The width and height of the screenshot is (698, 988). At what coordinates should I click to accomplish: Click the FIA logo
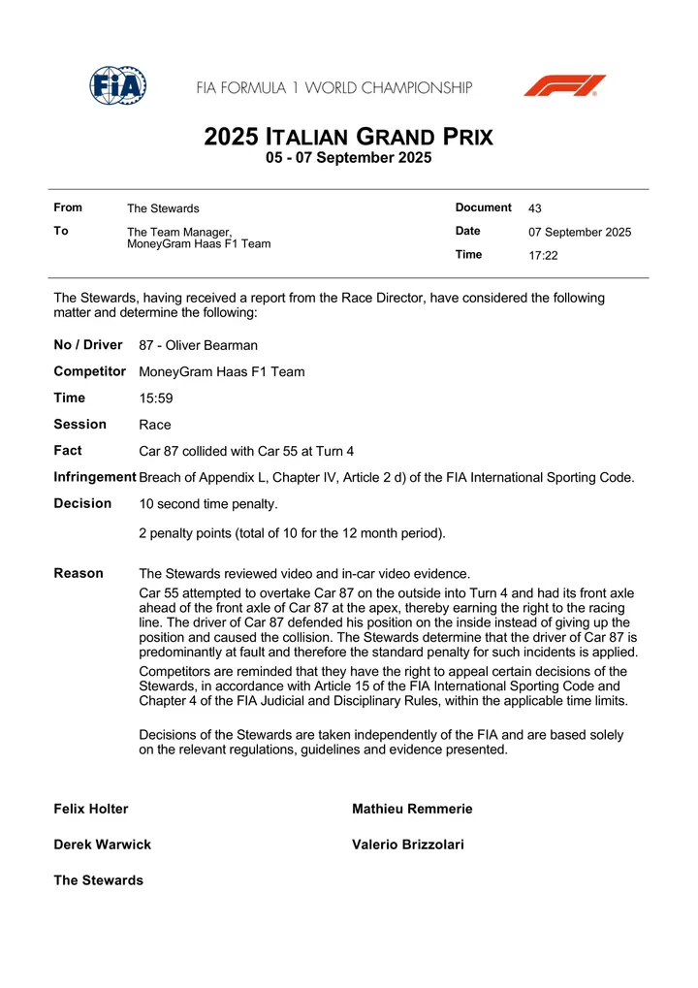117,86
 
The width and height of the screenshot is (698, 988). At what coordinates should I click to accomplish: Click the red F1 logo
564,85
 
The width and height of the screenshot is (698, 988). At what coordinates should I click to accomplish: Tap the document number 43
535,208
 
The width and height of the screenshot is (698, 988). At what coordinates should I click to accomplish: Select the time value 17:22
543,256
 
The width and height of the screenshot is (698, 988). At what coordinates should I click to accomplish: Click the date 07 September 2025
580,233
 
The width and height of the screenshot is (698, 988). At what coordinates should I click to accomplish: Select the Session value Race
155,425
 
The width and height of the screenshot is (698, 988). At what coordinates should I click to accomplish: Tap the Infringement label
95,477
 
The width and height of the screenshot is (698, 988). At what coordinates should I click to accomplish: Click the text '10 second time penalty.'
208,504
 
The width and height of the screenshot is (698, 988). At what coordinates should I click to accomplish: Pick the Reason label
79,573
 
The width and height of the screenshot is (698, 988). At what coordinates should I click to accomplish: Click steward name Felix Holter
91,809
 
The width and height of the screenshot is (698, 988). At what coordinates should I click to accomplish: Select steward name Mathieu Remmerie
412,809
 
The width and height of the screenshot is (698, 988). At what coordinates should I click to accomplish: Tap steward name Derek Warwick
103,845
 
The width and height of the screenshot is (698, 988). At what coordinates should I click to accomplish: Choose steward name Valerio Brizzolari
408,845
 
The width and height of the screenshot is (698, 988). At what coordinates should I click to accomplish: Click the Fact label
68,451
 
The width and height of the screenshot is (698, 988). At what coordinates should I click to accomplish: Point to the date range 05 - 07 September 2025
348,157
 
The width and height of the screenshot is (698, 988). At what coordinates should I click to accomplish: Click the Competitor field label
90,371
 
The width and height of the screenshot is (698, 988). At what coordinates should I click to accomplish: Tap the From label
68,207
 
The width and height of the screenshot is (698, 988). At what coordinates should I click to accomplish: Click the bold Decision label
82,503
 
